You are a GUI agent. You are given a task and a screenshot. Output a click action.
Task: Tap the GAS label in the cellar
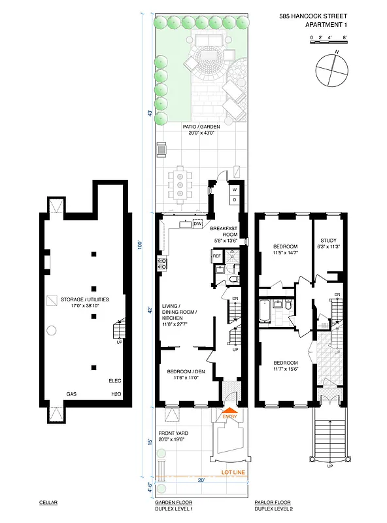(71, 395)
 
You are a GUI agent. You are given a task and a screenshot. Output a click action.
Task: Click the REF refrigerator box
(217, 256)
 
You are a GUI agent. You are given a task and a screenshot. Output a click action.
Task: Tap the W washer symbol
(234, 190)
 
